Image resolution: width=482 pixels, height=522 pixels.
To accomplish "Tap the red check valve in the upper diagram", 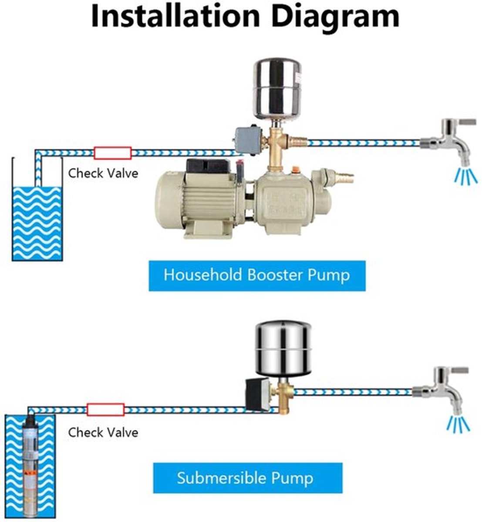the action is (x=113, y=153).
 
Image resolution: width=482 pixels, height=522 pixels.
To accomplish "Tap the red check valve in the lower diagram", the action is (x=105, y=410).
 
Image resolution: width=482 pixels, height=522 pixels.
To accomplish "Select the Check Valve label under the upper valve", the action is (x=103, y=173).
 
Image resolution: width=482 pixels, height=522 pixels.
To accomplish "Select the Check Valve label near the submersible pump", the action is (x=103, y=432).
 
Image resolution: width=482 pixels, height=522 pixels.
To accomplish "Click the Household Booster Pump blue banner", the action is (x=257, y=276).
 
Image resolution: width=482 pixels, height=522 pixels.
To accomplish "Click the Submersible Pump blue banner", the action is (x=248, y=478).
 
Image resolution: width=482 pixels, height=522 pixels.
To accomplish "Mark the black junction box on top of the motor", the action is (x=209, y=167).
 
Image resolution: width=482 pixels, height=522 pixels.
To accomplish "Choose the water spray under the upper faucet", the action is (x=465, y=176).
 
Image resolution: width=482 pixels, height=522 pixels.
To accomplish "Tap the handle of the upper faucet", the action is (x=468, y=123).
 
